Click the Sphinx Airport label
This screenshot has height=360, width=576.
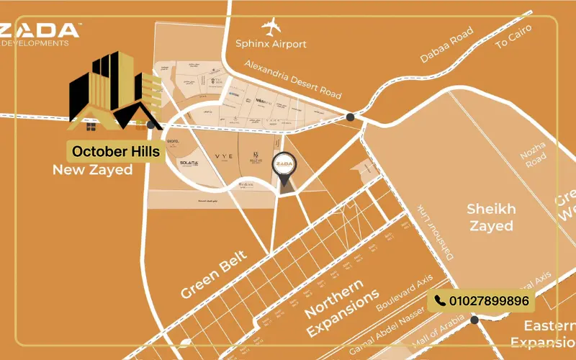tap(271, 44)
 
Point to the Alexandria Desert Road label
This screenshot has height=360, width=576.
tap(292, 79)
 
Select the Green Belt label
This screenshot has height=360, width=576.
tap(214, 274)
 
